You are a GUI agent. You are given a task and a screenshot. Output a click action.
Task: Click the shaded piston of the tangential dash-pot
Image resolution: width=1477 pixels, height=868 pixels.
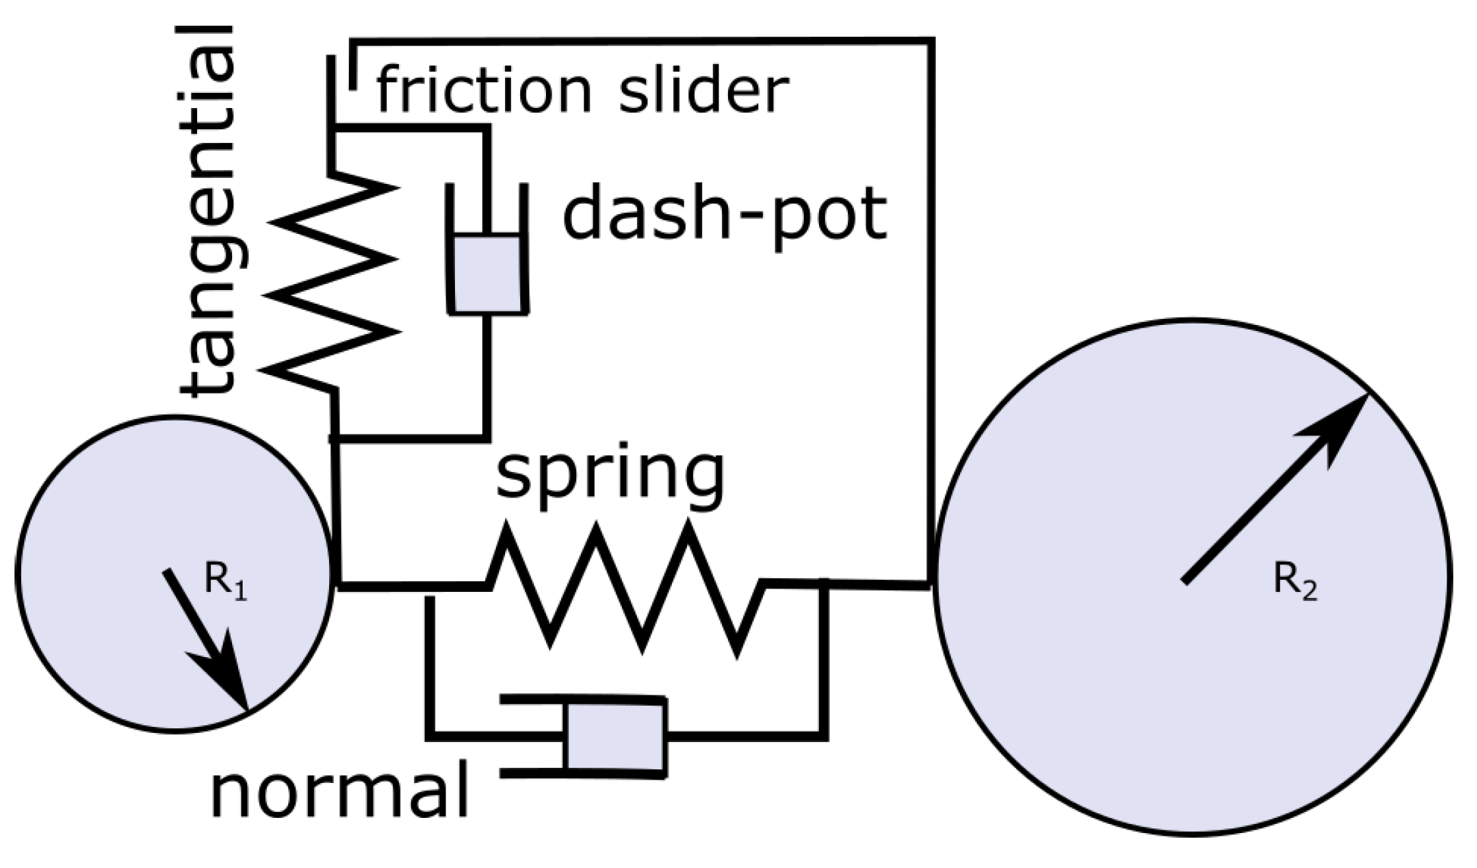[487, 274]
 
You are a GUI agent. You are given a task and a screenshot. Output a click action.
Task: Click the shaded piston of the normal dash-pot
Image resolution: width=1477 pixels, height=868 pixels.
[615, 736]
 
